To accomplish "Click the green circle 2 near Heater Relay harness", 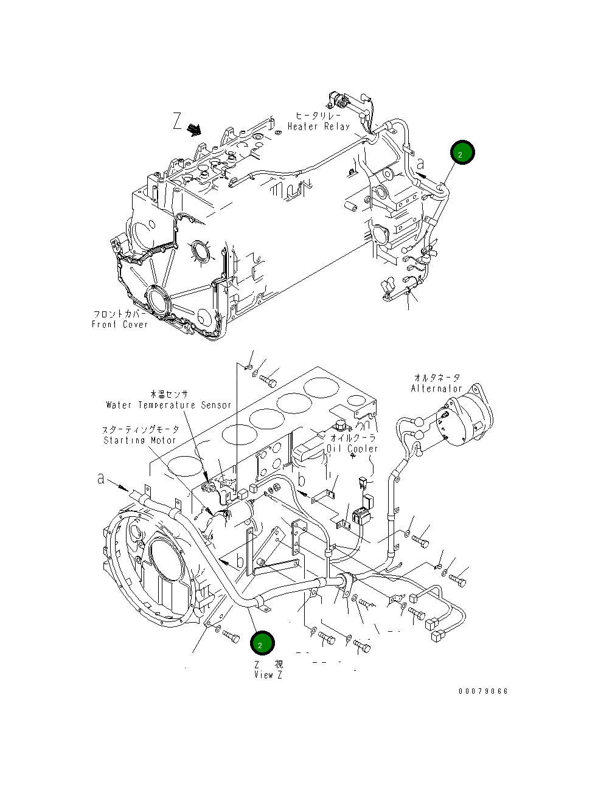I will [462, 154].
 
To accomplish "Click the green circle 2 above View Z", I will [262, 643].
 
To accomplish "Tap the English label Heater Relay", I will [319, 126].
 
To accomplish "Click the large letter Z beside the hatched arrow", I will [177, 122].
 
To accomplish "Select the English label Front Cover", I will [120, 325].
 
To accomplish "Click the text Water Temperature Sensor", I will [169, 405].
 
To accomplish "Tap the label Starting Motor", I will [140, 440].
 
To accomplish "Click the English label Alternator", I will [436, 389].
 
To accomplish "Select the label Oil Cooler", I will [352, 449].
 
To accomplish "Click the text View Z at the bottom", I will [268, 675].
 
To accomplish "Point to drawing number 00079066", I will [483, 691].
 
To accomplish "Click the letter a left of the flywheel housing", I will [101, 479].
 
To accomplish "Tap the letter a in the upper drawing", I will [421, 164].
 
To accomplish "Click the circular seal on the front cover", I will [159, 301].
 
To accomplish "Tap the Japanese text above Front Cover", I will [119, 314].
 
